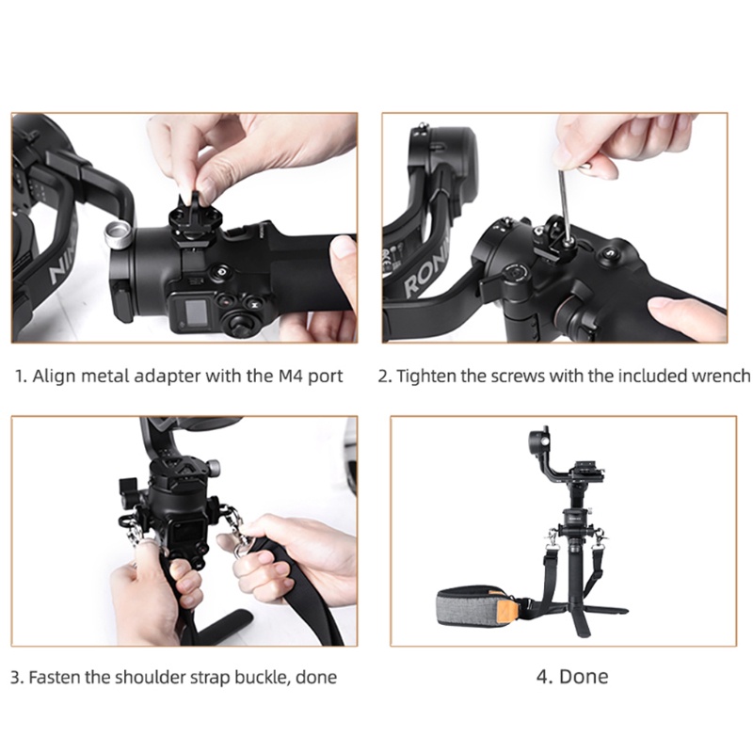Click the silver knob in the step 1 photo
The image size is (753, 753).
[x=119, y=232]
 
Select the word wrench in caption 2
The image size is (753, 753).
[x=720, y=376]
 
